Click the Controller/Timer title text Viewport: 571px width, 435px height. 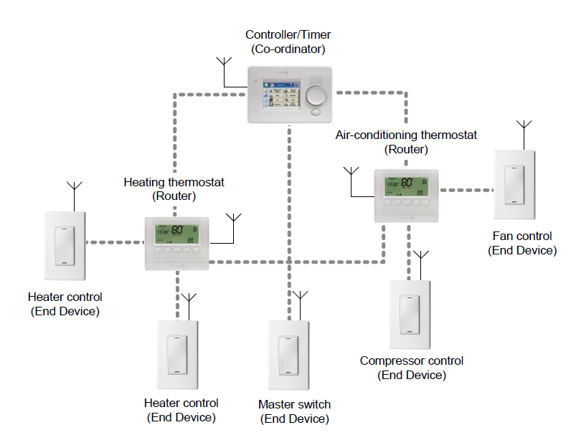pyautogui.click(x=288, y=34)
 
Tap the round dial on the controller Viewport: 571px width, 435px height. pyautogui.click(x=316, y=96)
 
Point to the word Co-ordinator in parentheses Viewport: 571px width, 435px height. pyautogui.click(x=288, y=49)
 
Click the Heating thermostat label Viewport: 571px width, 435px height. pyautogui.click(x=174, y=183)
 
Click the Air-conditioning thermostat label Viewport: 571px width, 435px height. pyautogui.click(x=406, y=135)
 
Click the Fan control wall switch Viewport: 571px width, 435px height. pyautogui.click(x=514, y=186)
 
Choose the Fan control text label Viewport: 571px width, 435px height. pyautogui.click(x=522, y=236)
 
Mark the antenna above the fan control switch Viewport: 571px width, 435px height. pyautogui.click(x=524, y=132)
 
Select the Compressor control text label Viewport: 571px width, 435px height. pyautogui.click(x=412, y=361)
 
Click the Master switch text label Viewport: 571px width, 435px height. pyautogui.click(x=294, y=405)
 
